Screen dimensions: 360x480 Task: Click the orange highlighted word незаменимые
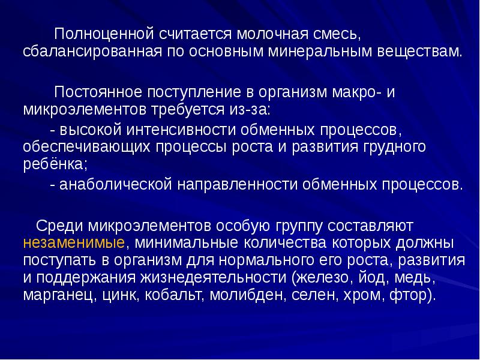click(x=74, y=244)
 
